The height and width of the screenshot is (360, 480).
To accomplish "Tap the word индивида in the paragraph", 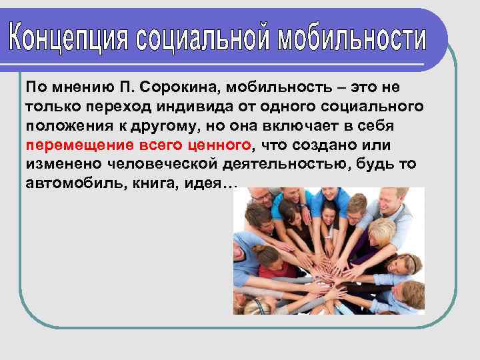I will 189,107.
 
